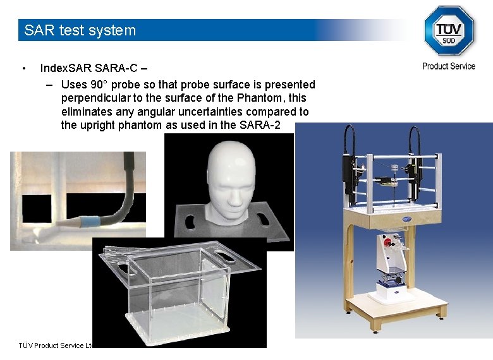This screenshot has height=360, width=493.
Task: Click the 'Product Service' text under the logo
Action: (x=449, y=66)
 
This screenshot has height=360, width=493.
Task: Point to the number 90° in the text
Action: (x=99, y=85)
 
